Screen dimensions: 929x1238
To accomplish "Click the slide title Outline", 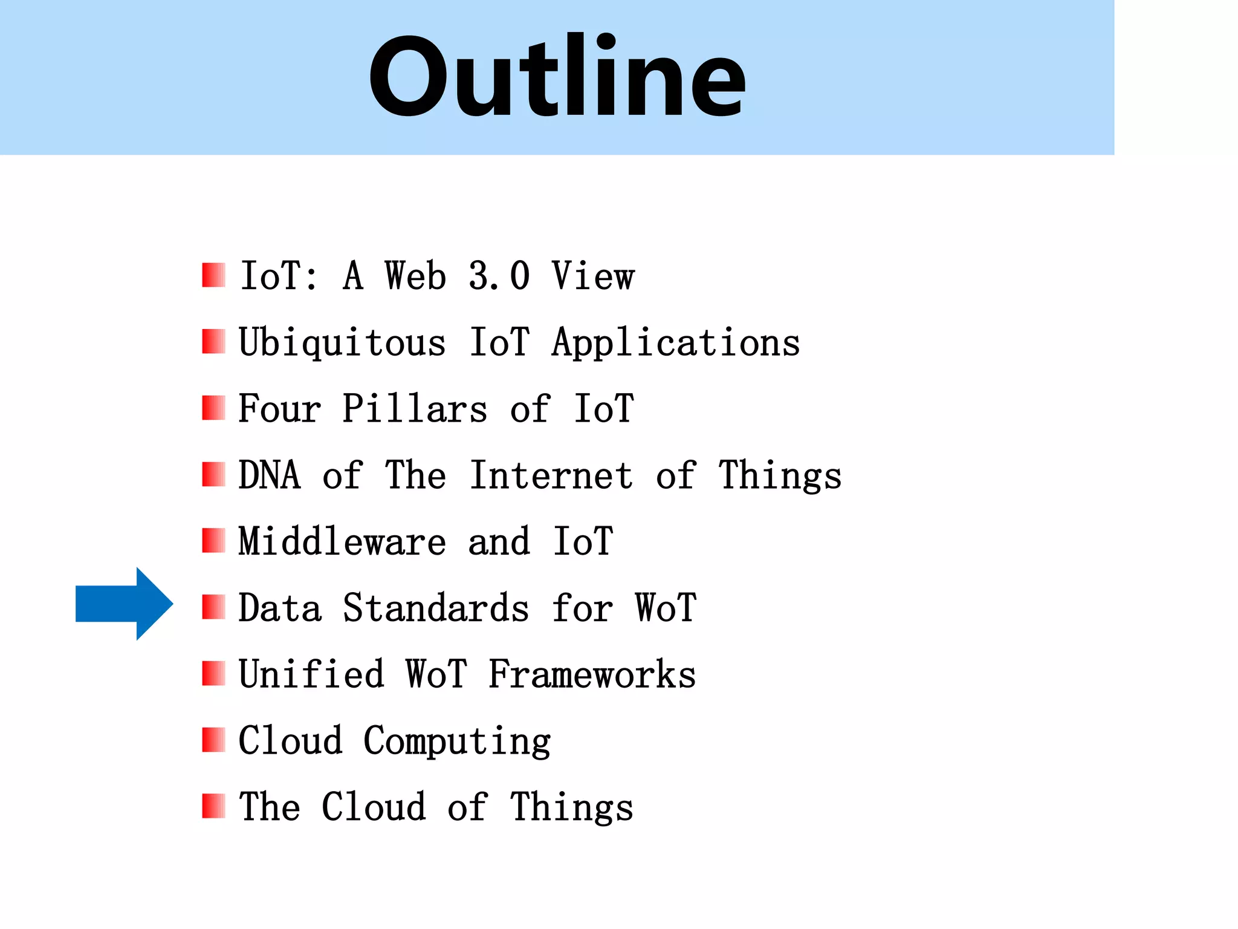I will (557, 77).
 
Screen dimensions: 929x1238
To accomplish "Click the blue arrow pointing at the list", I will (125, 604).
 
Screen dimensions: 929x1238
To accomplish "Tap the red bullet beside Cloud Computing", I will (213, 739).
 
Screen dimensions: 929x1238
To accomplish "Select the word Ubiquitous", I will (342, 343).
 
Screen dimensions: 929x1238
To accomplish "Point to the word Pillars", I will (415, 409).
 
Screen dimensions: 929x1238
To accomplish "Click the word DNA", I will (270, 475).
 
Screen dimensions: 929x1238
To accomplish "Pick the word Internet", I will (551, 475).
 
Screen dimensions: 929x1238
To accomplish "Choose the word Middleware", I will (342, 541).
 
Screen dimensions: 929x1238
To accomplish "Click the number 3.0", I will (499, 276).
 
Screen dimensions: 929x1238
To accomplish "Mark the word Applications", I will (676, 343).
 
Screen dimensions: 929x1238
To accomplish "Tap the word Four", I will (279, 409).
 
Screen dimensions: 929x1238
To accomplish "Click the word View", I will (592, 276).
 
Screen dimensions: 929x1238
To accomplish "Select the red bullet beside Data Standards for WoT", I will (213, 607).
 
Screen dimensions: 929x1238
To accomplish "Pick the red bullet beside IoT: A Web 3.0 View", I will (213, 275).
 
